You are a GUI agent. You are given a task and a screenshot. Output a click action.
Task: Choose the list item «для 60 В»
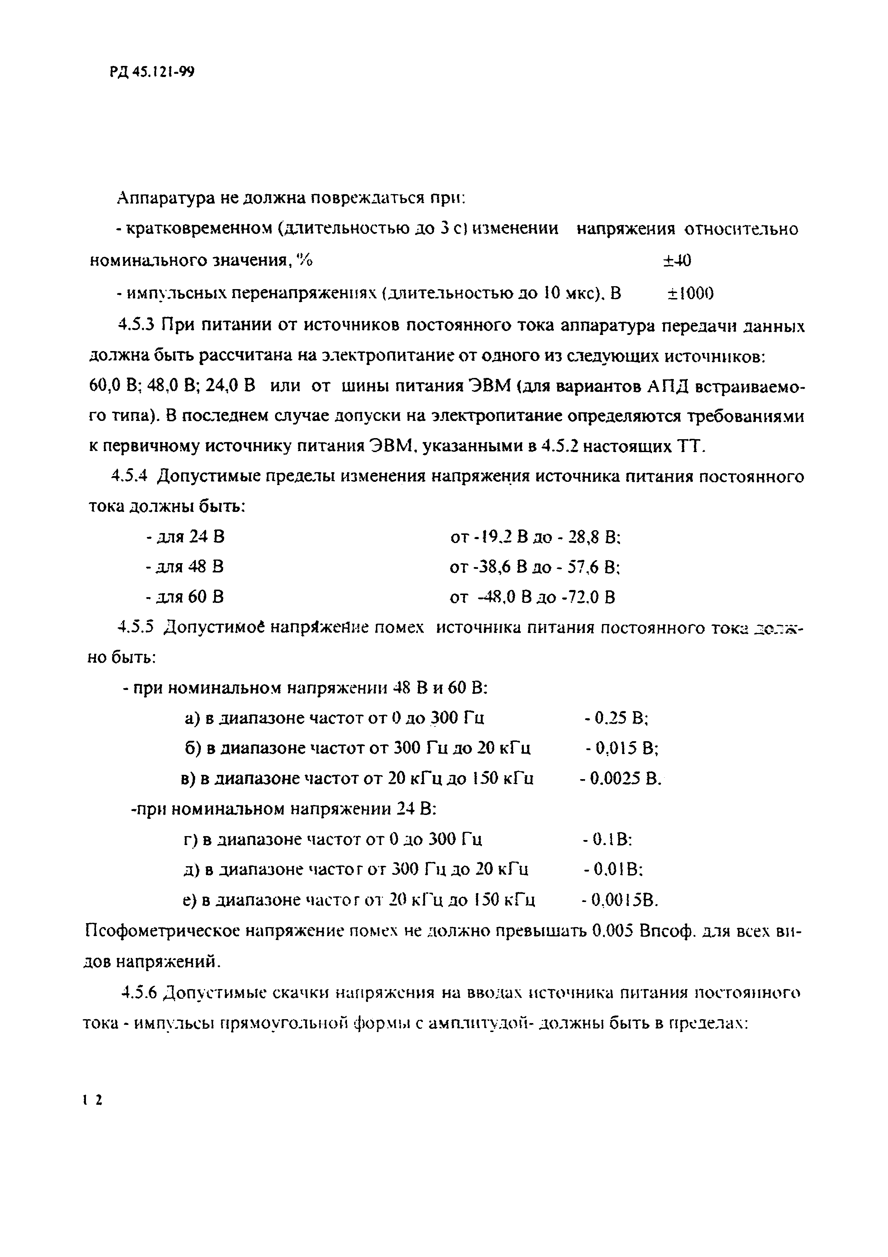185,597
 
